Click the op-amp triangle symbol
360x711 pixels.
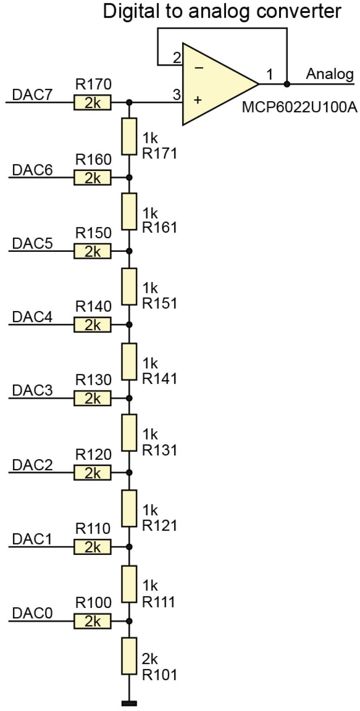pyautogui.click(x=215, y=84)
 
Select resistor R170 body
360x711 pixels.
pyautogui.click(x=92, y=102)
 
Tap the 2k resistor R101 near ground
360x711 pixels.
pyautogui.click(x=129, y=656)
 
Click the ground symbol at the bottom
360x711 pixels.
pyautogui.click(x=129, y=703)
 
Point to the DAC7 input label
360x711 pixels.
pyautogui.click(x=32, y=95)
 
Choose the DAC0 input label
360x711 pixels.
pyautogui.click(x=32, y=613)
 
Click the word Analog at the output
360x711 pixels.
pyautogui.click(x=330, y=74)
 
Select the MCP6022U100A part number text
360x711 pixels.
pyautogui.click(x=299, y=108)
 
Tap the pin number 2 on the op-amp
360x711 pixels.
pyautogui.click(x=177, y=58)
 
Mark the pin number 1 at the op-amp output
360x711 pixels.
pyautogui.click(x=270, y=74)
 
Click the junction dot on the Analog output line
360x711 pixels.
pyautogui.click(x=287, y=84)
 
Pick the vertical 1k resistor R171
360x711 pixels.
pyautogui.click(x=129, y=136)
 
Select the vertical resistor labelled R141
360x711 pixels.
pyautogui.click(x=129, y=361)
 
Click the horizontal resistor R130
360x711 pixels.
pyautogui.click(x=92, y=398)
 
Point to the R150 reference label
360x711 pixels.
pyautogui.click(x=94, y=233)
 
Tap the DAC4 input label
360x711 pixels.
pyautogui.click(x=32, y=317)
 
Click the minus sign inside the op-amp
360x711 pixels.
pyautogui.click(x=199, y=68)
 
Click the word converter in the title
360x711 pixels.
pyautogui.click(x=299, y=11)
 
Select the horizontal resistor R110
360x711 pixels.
pyautogui.click(x=92, y=547)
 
